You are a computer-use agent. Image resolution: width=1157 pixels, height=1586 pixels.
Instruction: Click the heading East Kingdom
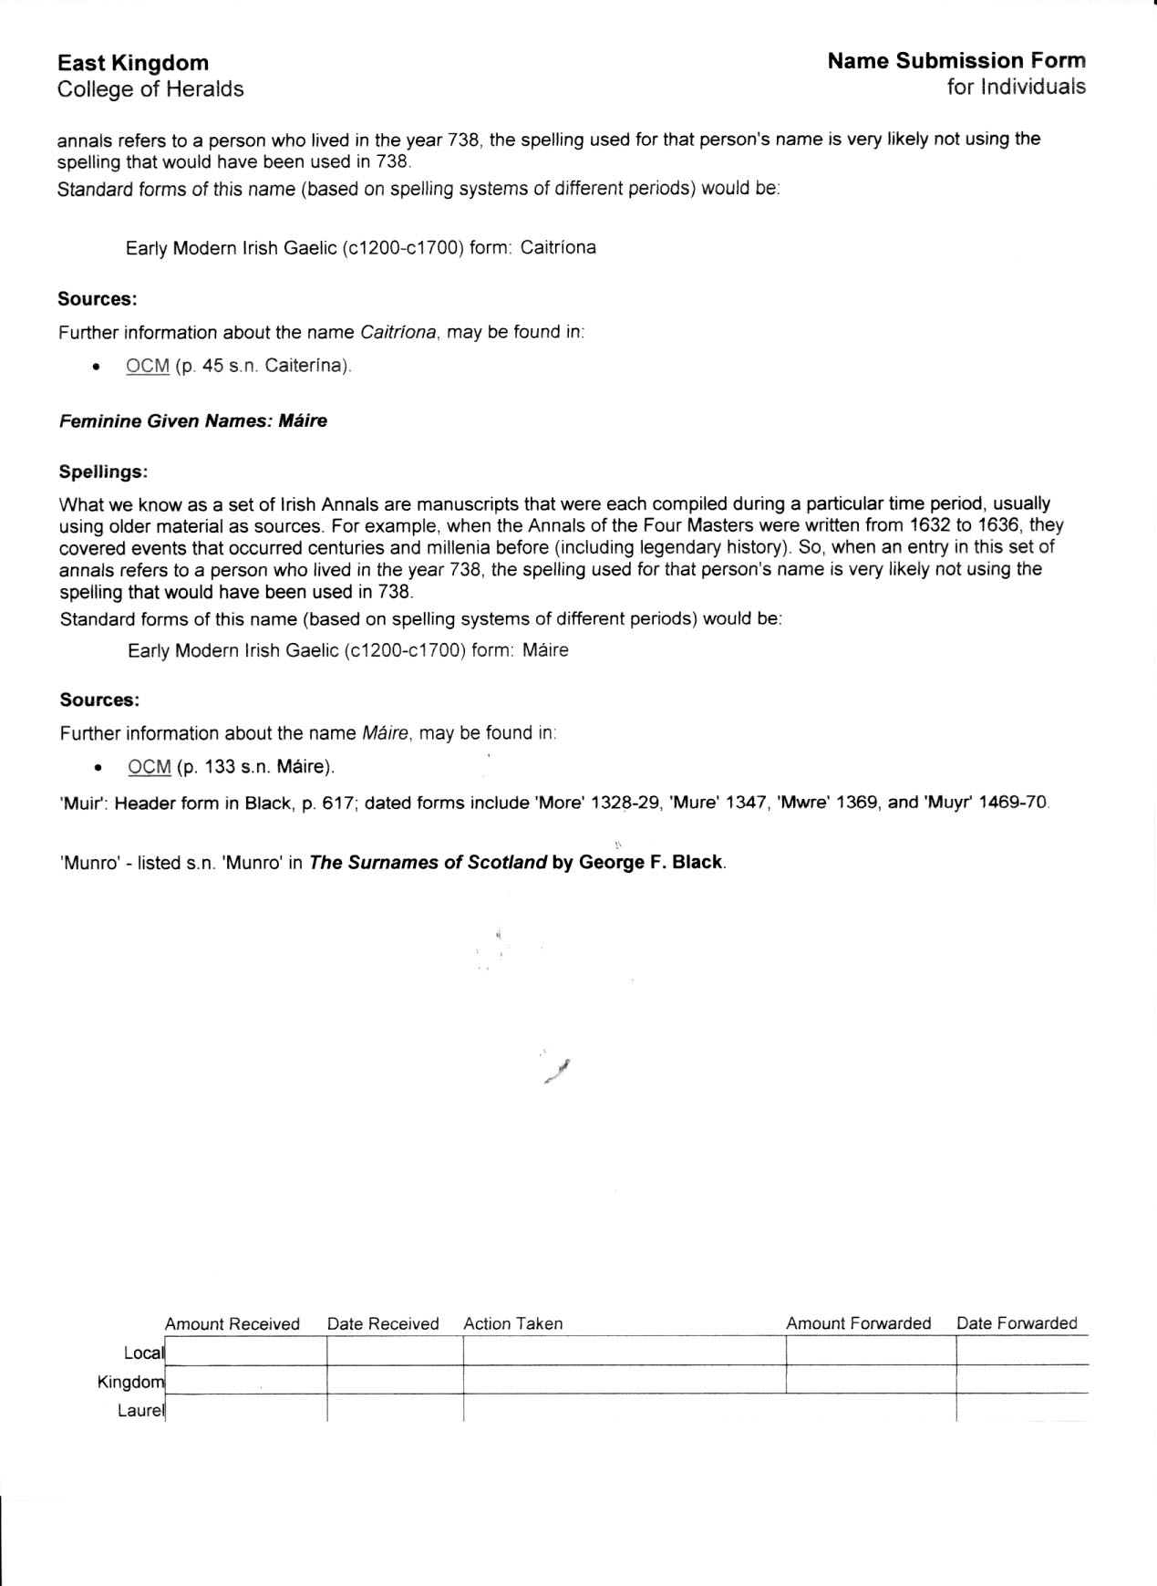pyautogui.click(x=133, y=63)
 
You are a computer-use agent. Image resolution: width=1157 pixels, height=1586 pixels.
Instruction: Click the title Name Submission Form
pyautogui.click(x=956, y=61)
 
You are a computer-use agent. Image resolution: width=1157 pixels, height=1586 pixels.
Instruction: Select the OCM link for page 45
pyautogui.click(x=148, y=366)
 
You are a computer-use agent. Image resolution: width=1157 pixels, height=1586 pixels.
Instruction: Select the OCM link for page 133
pyautogui.click(x=150, y=766)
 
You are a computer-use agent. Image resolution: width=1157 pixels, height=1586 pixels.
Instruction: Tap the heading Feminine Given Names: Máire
pyautogui.click(x=193, y=421)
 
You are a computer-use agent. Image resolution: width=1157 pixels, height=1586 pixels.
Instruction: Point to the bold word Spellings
pyautogui.click(x=103, y=472)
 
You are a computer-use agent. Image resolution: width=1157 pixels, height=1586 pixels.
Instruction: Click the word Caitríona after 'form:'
pyautogui.click(x=558, y=247)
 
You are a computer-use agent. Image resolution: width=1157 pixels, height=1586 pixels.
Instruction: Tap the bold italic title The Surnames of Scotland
pyautogui.click(x=428, y=863)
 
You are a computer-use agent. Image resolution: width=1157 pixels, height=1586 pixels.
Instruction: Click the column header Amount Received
pyautogui.click(x=232, y=1323)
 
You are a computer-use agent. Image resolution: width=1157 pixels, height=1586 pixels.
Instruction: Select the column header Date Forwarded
pyautogui.click(x=1017, y=1323)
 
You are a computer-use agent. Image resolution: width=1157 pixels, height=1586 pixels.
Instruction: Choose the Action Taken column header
pyautogui.click(x=513, y=1323)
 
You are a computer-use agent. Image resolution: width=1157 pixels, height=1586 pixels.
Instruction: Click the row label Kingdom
pyautogui.click(x=131, y=1382)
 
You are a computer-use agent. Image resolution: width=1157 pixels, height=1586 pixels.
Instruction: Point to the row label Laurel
pyautogui.click(x=141, y=1411)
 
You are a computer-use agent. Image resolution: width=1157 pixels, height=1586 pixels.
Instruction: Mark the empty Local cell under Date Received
pyautogui.click(x=395, y=1352)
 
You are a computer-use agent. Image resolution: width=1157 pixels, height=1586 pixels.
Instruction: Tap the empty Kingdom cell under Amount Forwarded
pyautogui.click(x=871, y=1380)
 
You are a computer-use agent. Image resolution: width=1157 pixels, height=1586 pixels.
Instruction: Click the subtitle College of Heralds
pyautogui.click(x=150, y=89)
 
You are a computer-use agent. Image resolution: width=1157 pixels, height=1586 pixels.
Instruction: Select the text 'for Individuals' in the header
pyautogui.click(x=1016, y=87)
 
